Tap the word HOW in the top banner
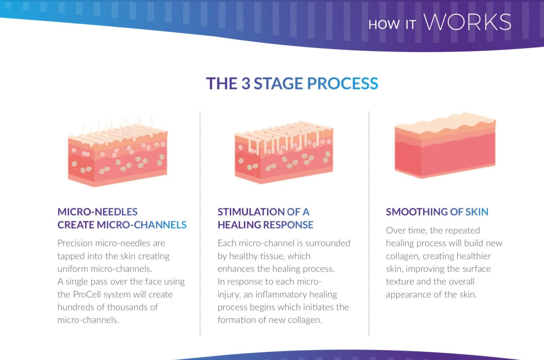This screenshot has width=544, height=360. (x=384, y=25)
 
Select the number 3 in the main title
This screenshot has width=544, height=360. (x=245, y=83)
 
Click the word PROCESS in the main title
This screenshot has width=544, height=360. (x=342, y=83)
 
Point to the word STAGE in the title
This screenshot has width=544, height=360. (x=278, y=83)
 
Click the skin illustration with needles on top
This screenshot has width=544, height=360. (x=118, y=151)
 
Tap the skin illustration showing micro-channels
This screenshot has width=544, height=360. (x=284, y=152)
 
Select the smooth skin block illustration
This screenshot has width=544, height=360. (x=445, y=145)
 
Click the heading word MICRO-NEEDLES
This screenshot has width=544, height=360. (x=97, y=212)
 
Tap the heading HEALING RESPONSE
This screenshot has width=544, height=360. (x=266, y=225)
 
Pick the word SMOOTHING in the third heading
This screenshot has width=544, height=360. (x=417, y=212)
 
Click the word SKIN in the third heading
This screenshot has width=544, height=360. (x=477, y=212)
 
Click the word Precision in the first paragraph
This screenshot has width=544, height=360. (x=75, y=243)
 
